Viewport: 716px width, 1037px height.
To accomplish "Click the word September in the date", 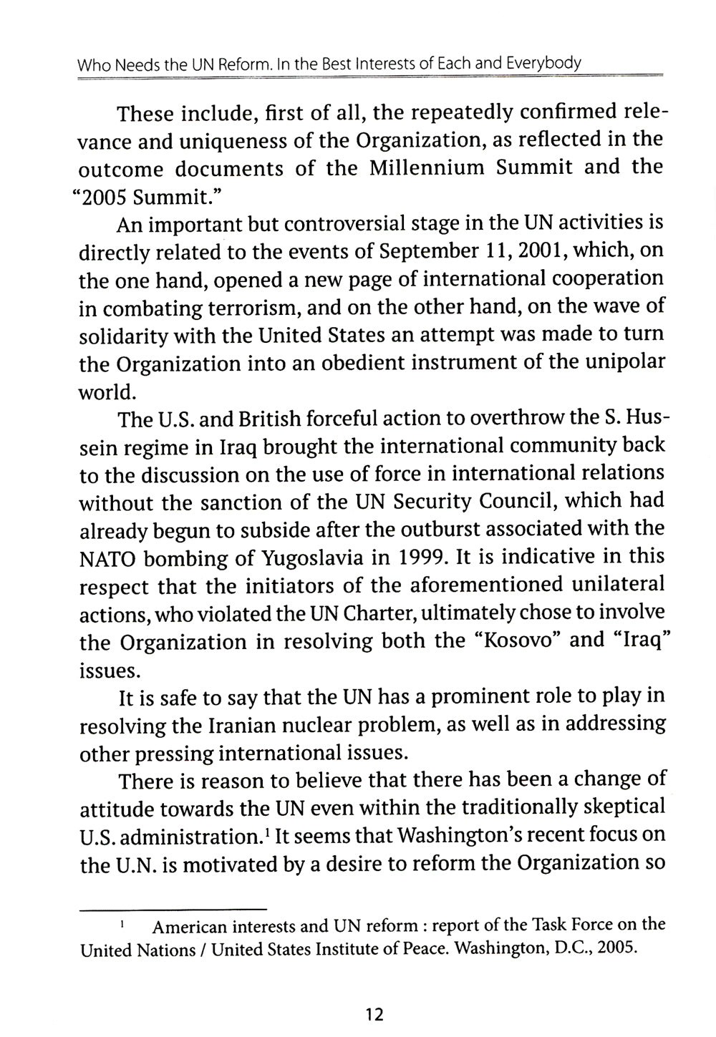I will tap(425, 252).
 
